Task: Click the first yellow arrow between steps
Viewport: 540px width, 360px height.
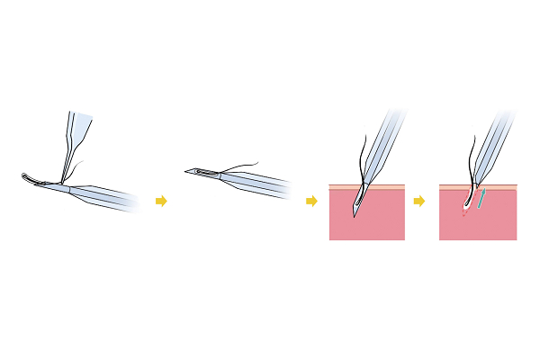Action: (x=161, y=201)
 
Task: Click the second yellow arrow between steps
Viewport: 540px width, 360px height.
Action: (x=311, y=201)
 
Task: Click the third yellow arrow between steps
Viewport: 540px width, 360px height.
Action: (x=418, y=201)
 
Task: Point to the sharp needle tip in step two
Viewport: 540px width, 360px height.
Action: (x=187, y=171)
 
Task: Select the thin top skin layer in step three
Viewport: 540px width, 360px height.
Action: (x=342, y=186)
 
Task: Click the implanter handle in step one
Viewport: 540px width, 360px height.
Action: (x=108, y=195)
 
